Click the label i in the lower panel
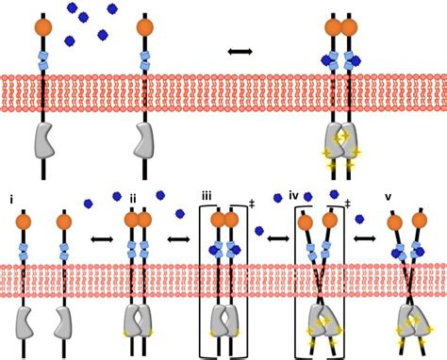[11, 200]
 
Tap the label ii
[133, 199]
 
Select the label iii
[206, 196]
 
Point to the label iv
[293, 196]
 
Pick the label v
[388, 197]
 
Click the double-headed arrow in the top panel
[240, 51]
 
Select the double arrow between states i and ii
[101, 239]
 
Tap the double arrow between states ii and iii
[177, 239]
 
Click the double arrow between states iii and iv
[277, 238]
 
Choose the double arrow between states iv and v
[365, 238]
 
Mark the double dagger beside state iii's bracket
[251, 203]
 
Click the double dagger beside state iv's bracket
[347, 203]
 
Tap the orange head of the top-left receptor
[43, 27]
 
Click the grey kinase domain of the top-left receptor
[44, 139]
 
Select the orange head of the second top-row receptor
[144, 27]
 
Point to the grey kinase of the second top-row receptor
[144, 139]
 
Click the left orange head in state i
[24, 221]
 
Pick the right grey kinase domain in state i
[63, 323]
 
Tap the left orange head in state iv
[306, 222]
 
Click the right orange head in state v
[419, 221]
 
